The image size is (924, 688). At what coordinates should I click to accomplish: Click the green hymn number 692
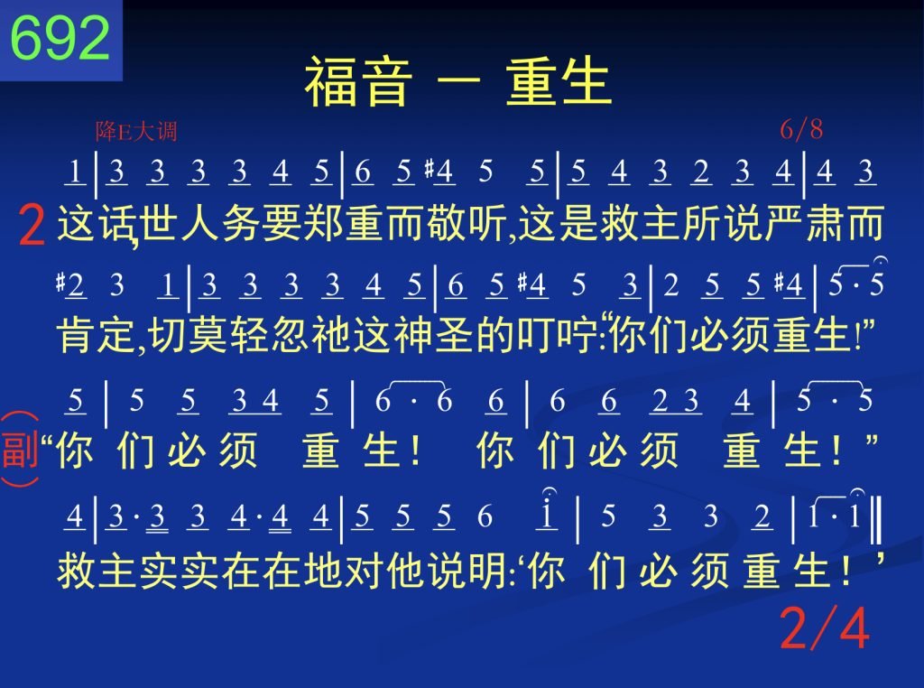tap(60, 37)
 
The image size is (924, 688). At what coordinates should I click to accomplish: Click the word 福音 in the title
tap(357, 81)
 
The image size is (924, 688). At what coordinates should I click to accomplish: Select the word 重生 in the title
tap(558, 81)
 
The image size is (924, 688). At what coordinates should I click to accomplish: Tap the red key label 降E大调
tap(136, 131)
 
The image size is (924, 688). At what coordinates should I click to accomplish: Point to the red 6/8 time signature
tap(801, 129)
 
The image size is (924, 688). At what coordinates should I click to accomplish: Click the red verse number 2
tap(32, 225)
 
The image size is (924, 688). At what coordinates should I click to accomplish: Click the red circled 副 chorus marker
tap(20, 450)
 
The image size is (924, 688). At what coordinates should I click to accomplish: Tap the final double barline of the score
tap(875, 520)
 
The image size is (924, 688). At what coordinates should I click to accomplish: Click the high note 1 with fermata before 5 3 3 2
tap(547, 512)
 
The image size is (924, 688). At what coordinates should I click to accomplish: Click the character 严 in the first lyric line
tap(784, 223)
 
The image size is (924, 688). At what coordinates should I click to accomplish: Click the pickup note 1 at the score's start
tap(75, 172)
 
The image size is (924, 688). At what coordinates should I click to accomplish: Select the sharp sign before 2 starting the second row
tap(60, 282)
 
